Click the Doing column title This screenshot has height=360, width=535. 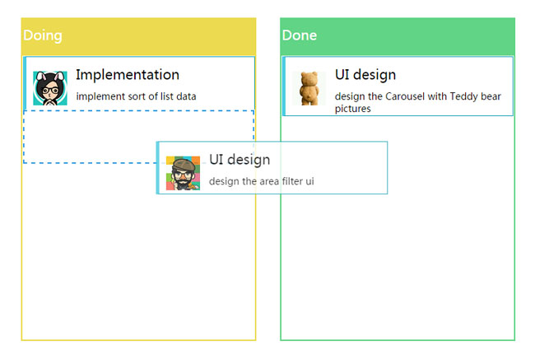(x=42, y=35)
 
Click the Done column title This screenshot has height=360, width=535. (x=300, y=35)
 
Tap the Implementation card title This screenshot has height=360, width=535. (x=128, y=75)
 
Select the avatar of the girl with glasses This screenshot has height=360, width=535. (x=49, y=88)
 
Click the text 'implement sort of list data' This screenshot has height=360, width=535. (x=136, y=96)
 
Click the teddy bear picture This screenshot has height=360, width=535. (x=309, y=88)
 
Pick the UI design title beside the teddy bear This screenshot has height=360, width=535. (x=365, y=75)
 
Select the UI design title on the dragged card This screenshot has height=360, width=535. (x=240, y=160)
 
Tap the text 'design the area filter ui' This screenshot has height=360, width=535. (x=262, y=181)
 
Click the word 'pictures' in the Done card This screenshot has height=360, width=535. (x=353, y=109)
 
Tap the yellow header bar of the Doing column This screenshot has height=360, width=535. (x=165, y=35)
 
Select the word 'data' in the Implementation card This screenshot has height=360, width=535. (x=185, y=96)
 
